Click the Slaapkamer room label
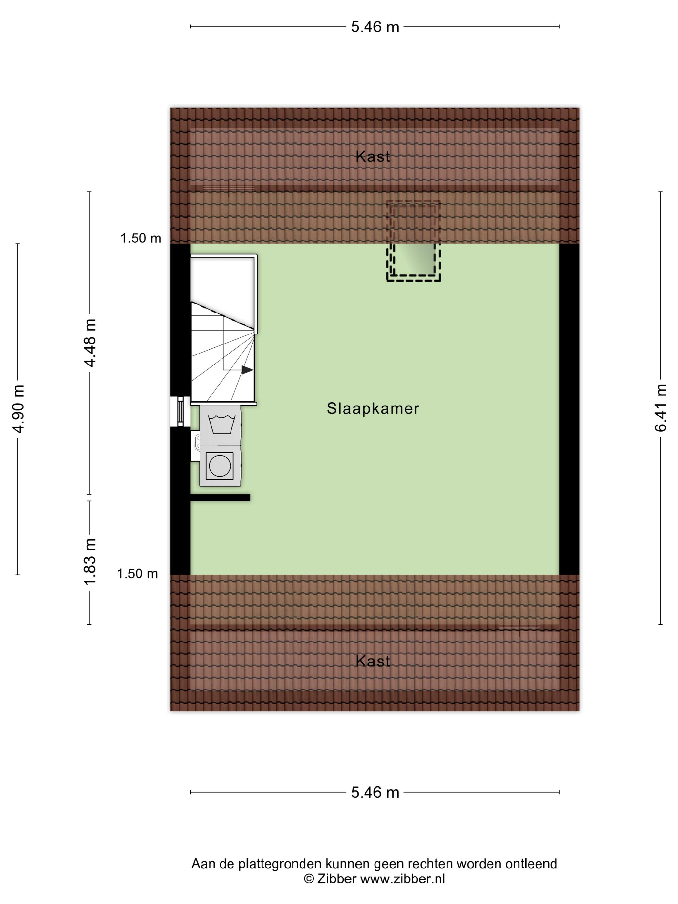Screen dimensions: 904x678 point(373,409)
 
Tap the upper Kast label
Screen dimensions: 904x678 point(373,157)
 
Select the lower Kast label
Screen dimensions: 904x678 point(373,661)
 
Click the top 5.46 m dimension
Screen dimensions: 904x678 point(375,27)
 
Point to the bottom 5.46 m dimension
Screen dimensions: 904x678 point(375,792)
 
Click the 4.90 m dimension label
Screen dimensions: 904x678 point(18,409)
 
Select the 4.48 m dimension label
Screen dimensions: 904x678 point(89,343)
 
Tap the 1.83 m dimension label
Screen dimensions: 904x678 point(89,562)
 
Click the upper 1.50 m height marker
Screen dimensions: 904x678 point(140,238)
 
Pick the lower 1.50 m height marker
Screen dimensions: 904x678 point(137,574)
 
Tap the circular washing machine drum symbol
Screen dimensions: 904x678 point(220,466)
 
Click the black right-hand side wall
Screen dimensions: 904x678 point(569,409)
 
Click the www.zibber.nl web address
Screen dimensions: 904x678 point(402,879)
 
